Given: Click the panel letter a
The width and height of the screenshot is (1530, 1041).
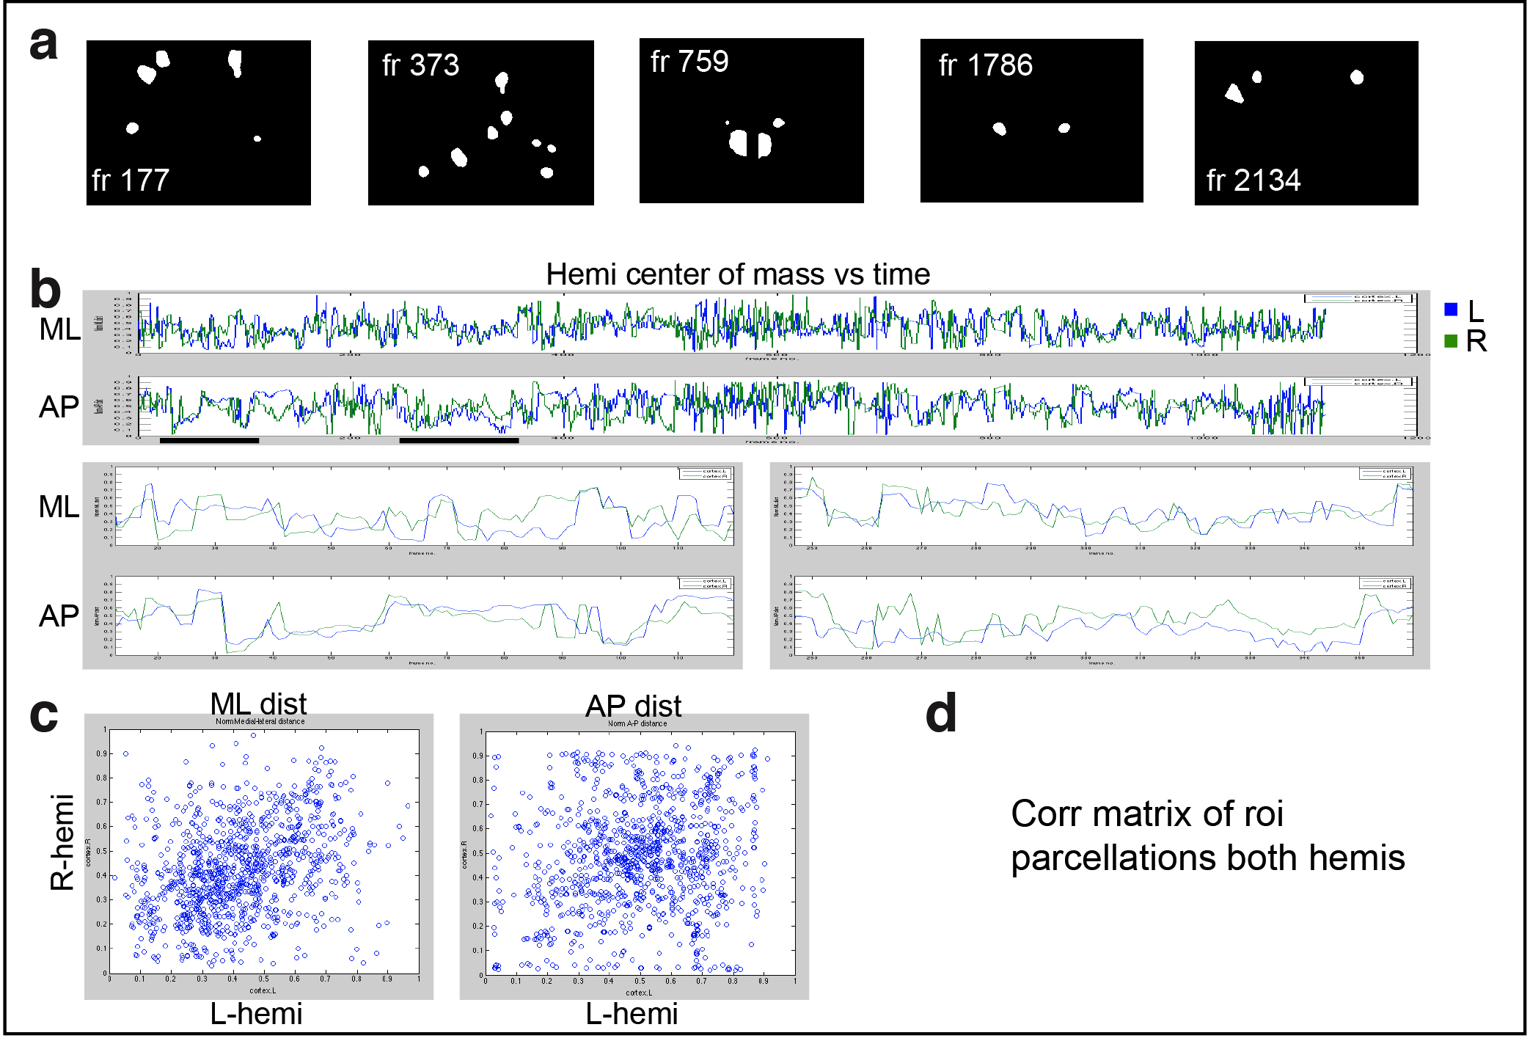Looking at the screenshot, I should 43,44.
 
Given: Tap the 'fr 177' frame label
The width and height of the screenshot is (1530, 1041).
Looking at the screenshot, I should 131,180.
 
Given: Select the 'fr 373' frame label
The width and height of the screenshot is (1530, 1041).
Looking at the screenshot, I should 420,65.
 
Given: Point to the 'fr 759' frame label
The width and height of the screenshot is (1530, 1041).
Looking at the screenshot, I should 689,62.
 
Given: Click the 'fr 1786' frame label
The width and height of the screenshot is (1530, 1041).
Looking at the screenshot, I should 985,65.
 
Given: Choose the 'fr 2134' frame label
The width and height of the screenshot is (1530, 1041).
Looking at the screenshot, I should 1253,180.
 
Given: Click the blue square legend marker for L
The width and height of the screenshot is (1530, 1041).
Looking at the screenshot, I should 1450,310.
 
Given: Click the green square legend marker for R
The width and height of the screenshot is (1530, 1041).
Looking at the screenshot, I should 1450,340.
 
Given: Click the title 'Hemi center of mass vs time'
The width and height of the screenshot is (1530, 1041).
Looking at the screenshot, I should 738,274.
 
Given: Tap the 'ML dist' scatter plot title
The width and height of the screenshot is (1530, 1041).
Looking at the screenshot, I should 258,704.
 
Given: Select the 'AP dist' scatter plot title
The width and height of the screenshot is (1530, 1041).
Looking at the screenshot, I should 633,706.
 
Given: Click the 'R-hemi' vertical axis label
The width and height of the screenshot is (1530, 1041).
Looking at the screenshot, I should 62,842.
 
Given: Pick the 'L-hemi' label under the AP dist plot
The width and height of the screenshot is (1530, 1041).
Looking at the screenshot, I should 632,1014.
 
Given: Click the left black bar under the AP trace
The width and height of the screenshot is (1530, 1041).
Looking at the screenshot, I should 209,441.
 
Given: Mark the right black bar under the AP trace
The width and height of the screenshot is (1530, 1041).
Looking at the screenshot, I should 459,441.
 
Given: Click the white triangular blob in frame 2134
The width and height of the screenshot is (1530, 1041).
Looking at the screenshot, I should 1234,93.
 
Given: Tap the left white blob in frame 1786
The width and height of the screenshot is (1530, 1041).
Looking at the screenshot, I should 999,129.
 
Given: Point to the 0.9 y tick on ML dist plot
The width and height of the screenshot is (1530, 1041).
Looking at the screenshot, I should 101,753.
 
